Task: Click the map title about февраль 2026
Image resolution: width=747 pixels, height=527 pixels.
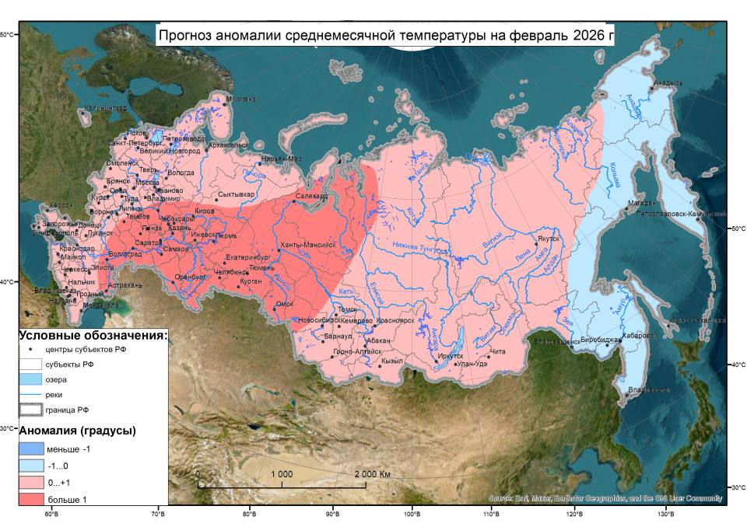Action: (385, 35)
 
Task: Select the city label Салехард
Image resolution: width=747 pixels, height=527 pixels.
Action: (312, 197)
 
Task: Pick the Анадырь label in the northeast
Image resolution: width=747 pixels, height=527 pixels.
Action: (668, 82)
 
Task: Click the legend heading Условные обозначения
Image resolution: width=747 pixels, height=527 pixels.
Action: (93, 336)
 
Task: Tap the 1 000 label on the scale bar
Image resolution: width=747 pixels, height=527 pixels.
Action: (282, 474)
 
